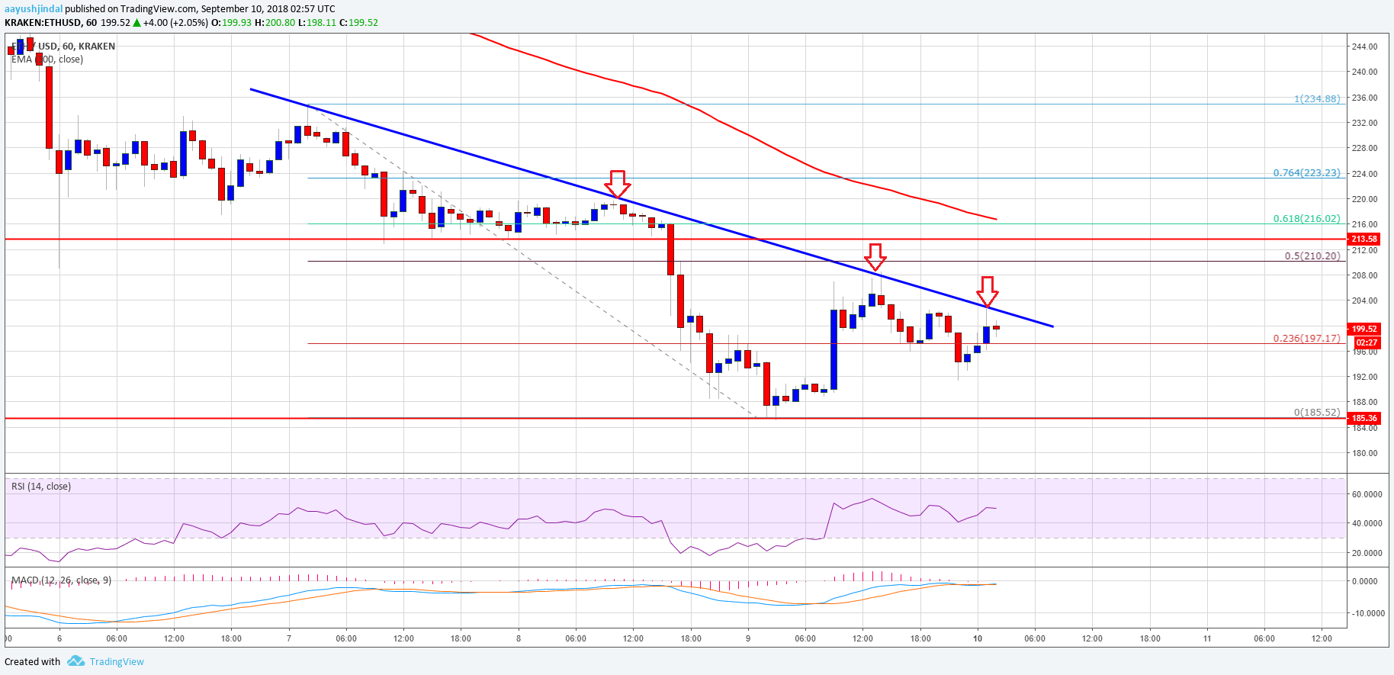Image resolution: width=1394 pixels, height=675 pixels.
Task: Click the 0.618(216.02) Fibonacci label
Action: [1306, 219]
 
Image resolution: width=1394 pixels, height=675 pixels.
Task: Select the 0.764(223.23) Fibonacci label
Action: [1306, 173]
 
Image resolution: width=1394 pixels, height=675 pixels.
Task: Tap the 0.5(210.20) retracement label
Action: [1312, 256]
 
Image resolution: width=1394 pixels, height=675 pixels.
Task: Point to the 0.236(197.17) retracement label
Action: [1306, 339]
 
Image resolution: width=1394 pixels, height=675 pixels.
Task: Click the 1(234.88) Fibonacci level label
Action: [1316, 99]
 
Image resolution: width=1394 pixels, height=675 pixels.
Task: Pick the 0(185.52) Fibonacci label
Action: [1316, 413]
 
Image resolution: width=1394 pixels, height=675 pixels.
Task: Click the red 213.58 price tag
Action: [1364, 239]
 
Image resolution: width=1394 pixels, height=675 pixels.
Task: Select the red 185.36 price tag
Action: [1364, 418]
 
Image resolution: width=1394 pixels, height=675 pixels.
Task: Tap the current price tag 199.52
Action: [1364, 329]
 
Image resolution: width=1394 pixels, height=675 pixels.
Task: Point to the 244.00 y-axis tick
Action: [1364, 47]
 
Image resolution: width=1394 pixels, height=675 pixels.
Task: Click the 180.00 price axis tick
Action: [1364, 453]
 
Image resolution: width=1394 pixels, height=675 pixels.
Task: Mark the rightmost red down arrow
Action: [988, 291]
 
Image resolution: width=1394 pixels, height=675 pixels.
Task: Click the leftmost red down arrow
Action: [617, 184]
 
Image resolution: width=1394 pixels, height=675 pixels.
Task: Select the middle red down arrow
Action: [875, 257]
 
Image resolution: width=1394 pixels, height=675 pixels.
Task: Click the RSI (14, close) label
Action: [41, 487]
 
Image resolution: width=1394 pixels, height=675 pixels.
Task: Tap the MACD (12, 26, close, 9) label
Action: [61, 580]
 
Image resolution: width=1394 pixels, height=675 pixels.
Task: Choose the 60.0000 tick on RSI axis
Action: [1367, 494]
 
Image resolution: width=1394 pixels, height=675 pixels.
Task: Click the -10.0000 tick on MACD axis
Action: [1366, 613]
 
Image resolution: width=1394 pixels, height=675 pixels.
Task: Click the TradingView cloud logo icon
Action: [75, 661]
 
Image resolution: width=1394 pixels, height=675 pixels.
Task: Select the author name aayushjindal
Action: [34, 9]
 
